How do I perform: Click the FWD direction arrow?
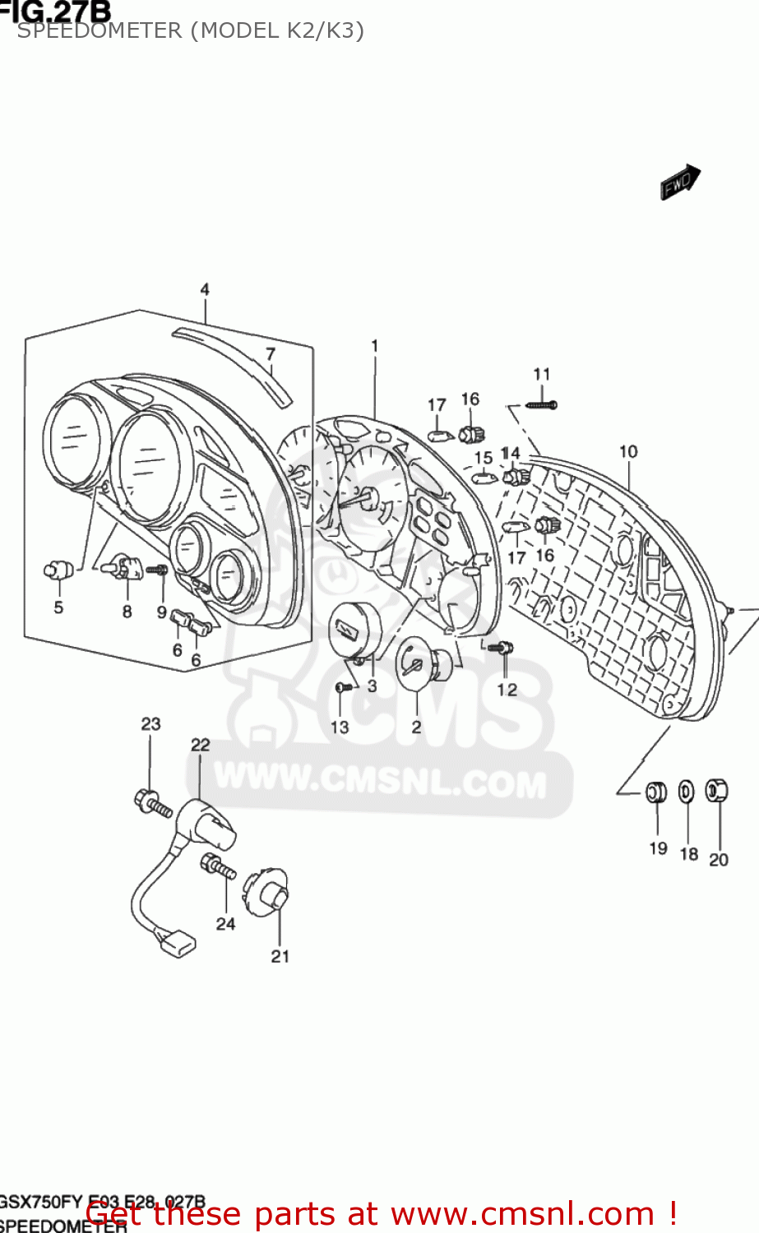680,182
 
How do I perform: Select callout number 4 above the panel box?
205,289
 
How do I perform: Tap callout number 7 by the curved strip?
271,354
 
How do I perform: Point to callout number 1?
375,346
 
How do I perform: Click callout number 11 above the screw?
541,375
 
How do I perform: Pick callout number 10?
628,451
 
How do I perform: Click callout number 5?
58,607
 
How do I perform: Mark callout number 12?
507,689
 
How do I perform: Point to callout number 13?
340,727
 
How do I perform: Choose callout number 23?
150,724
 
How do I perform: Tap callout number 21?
280,956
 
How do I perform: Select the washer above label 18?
686,792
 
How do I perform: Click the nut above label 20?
717,790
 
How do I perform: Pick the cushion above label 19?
656,792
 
